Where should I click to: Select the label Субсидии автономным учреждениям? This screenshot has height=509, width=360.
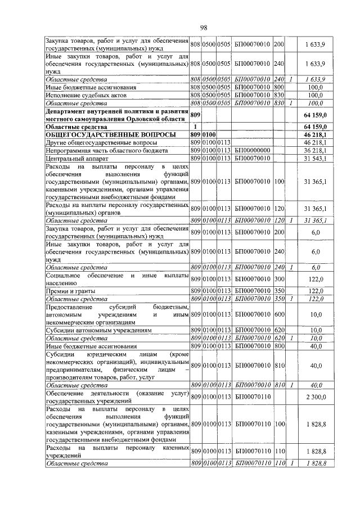click(x=92, y=330)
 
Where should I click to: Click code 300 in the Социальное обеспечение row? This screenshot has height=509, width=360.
click(x=279, y=279)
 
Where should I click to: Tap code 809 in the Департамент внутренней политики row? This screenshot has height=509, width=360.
click(x=196, y=115)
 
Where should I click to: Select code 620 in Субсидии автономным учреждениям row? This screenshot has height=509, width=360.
click(x=279, y=330)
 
